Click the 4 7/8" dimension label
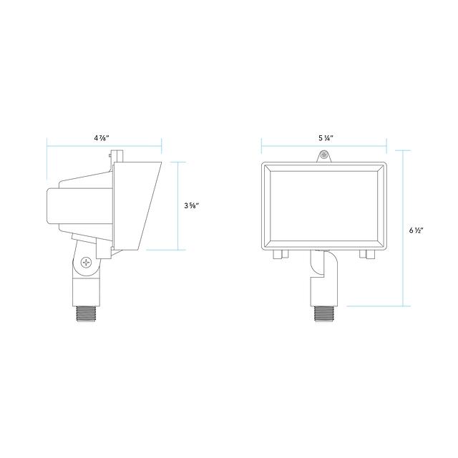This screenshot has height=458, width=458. point(102,138)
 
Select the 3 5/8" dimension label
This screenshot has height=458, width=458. point(192,205)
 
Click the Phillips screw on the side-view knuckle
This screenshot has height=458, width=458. point(87,262)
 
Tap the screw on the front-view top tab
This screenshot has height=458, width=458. point(323,155)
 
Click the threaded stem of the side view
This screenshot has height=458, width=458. point(87,313)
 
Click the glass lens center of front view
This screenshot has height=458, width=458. point(324,206)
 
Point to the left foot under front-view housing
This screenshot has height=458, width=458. point(281,255)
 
